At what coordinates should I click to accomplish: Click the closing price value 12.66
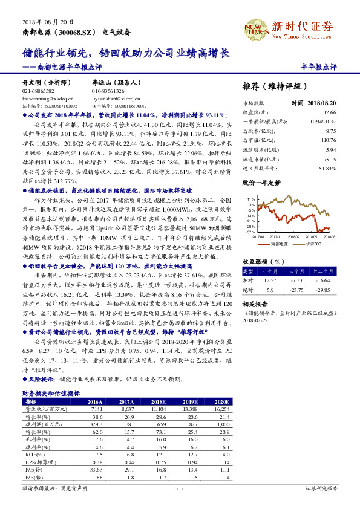tap(330, 112)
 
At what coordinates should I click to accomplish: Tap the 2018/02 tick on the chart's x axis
tap(293, 238)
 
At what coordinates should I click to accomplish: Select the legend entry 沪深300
tap(312, 244)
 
